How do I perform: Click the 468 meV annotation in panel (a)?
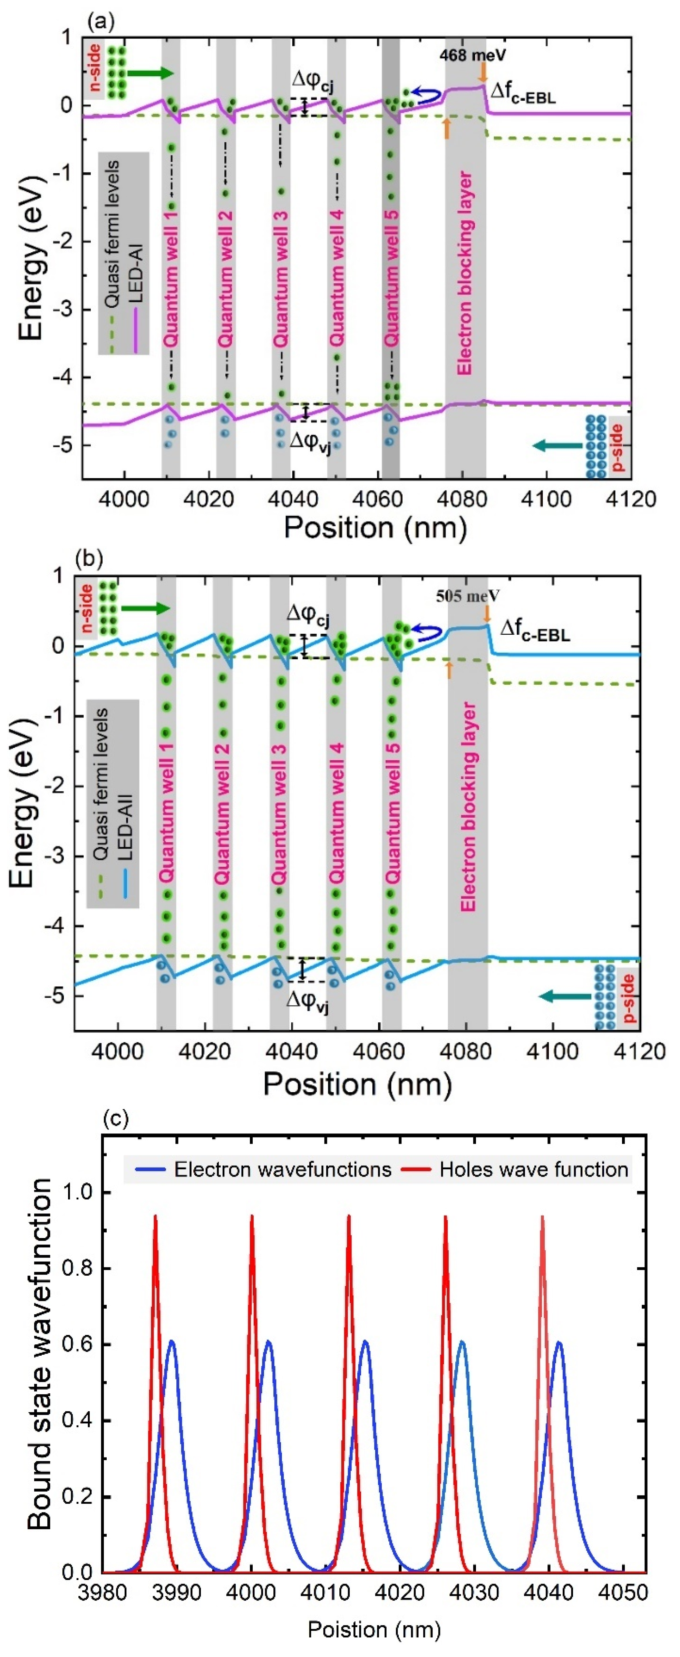point(472,55)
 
